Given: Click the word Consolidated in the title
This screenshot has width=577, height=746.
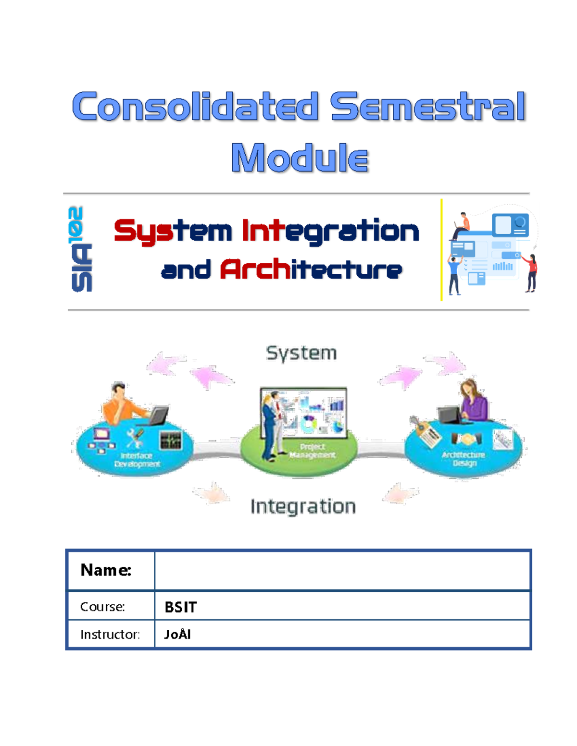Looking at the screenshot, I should pyautogui.click(x=195, y=107).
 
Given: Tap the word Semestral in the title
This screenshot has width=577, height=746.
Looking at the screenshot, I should pyautogui.click(x=427, y=107).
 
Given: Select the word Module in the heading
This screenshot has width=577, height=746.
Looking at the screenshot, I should pyautogui.click(x=300, y=158).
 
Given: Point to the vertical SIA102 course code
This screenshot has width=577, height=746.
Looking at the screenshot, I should pyautogui.click(x=81, y=249).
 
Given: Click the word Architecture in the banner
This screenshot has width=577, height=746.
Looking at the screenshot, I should pyautogui.click(x=311, y=269).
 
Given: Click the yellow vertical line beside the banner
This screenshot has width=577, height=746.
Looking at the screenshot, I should pyautogui.click(x=441, y=250).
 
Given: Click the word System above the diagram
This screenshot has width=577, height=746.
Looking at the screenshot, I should pyautogui.click(x=301, y=353).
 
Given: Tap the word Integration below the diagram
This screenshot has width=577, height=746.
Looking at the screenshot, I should pyautogui.click(x=303, y=506).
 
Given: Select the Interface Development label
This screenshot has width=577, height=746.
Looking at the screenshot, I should pyautogui.click(x=137, y=460).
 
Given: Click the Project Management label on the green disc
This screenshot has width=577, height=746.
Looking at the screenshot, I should pyautogui.click(x=313, y=451).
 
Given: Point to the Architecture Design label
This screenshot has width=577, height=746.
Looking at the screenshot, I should pyautogui.click(x=464, y=459).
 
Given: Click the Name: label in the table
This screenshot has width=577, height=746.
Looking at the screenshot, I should pyautogui.click(x=106, y=570).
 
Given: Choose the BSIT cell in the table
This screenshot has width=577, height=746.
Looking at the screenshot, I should pyautogui.click(x=181, y=607).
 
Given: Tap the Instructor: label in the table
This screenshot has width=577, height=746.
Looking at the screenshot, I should pyautogui.click(x=110, y=635).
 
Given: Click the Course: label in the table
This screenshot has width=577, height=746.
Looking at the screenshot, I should pyautogui.click(x=102, y=607).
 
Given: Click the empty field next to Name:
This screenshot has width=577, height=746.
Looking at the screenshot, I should pyautogui.click(x=342, y=570).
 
